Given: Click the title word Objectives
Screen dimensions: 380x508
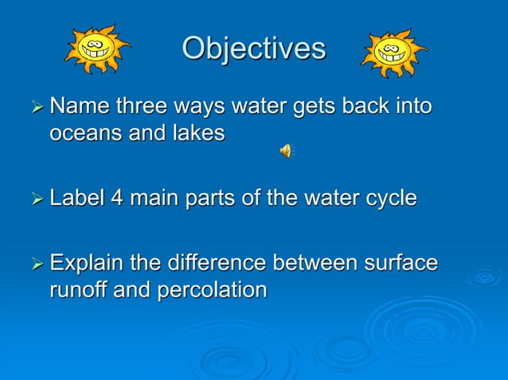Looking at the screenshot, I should pos(253,48).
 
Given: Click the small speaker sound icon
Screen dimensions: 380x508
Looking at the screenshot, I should pos(285,150).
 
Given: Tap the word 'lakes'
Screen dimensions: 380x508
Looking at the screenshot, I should pos(197,134).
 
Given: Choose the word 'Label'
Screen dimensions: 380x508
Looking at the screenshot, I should pos(77,198).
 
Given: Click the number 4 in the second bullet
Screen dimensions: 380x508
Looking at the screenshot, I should pos(117,198).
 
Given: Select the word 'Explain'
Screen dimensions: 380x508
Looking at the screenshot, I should pos(89,263).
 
